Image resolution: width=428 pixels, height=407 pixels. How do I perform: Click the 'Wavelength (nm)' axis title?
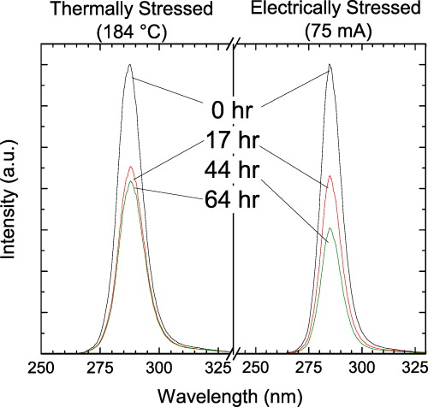tap(234, 396)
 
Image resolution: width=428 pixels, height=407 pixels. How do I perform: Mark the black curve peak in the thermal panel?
tap(129, 64)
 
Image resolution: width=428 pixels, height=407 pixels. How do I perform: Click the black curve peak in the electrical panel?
tap(330, 64)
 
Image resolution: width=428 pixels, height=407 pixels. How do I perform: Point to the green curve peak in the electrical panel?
tap(331, 227)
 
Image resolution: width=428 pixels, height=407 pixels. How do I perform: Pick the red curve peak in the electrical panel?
tap(330, 175)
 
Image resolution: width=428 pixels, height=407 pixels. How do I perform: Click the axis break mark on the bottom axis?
tap(234, 352)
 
